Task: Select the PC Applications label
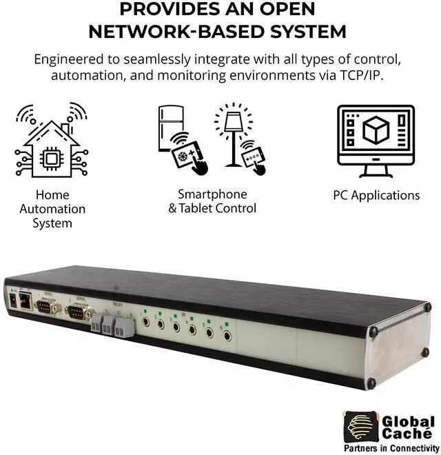[376, 195]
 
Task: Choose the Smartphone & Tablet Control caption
[212, 201]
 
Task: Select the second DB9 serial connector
[78, 314]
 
